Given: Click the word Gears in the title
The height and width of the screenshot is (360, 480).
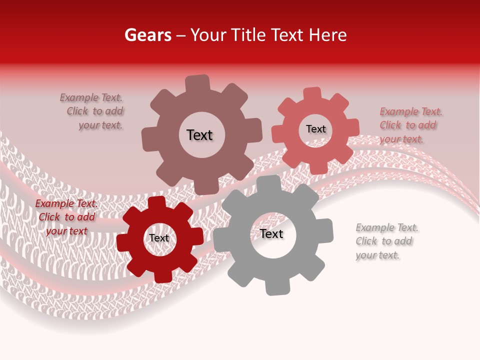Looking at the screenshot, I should [x=147, y=35].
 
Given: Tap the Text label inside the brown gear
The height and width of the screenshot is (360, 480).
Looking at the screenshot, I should [x=199, y=135].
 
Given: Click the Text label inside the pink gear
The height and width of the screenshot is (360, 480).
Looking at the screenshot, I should [x=315, y=129].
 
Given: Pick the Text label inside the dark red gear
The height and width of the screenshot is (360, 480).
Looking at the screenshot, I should [x=159, y=238].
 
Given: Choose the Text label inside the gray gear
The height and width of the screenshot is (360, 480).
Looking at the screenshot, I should [x=271, y=233].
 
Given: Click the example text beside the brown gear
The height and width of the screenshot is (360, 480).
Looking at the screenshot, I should [x=92, y=111].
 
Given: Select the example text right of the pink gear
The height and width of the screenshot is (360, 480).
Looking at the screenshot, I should [x=410, y=125].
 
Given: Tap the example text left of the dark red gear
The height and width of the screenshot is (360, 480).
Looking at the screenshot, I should [x=66, y=217].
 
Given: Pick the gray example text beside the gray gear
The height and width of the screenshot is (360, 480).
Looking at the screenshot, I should [x=386, y=241].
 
